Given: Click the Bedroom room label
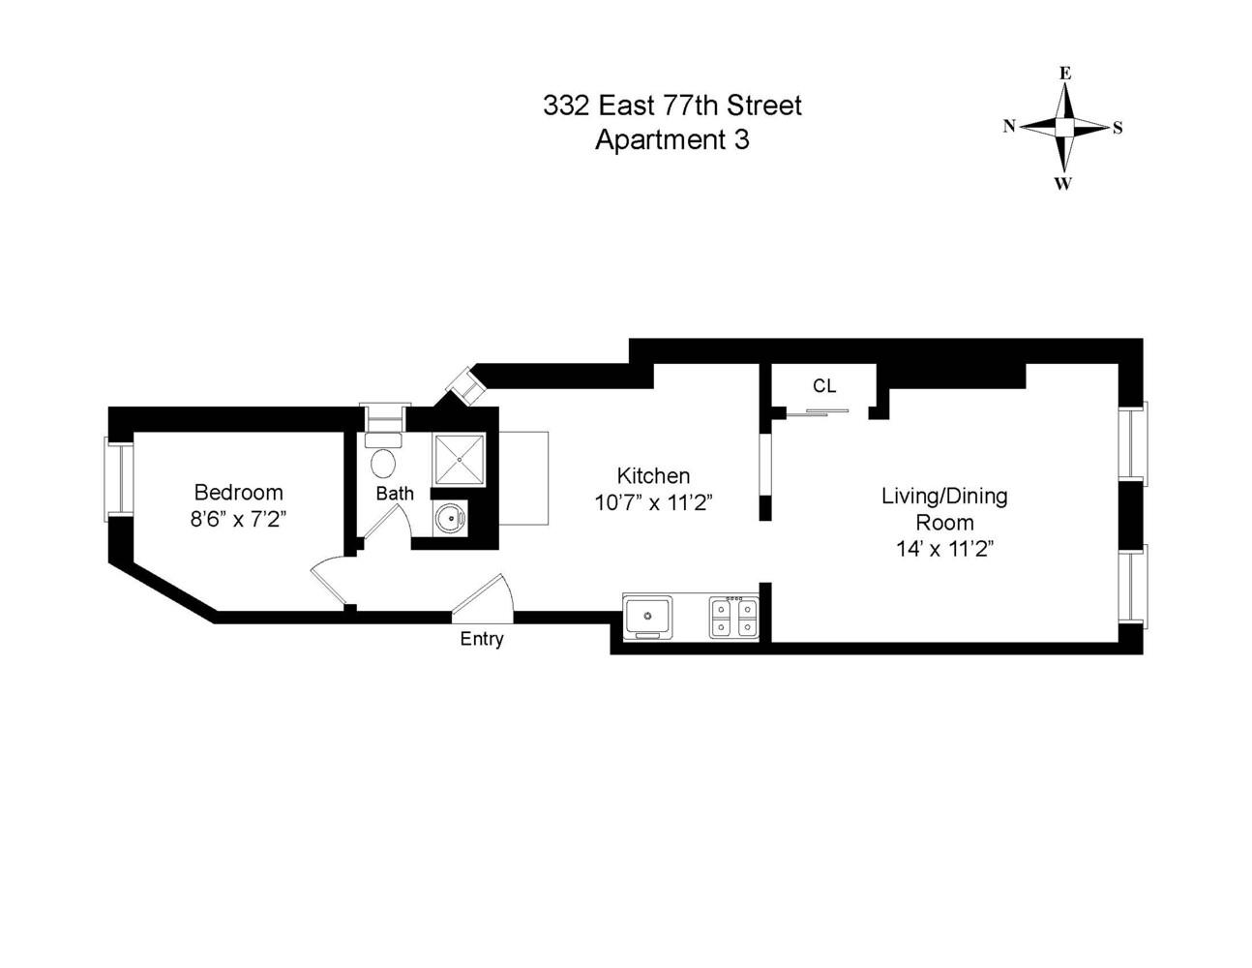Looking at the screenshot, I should pos(238,492).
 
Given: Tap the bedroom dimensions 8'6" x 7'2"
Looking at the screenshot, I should pos(238,518).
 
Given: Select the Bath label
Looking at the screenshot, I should pos(395,493).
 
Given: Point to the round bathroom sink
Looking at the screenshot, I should pos(449,520).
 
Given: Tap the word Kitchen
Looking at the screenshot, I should pos(653,476).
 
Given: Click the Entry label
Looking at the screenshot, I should pos(482,639).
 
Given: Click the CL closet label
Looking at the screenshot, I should pos(823,386).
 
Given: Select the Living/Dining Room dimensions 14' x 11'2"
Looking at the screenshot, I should pos(944,549).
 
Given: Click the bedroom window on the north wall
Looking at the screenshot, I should pos(118,478).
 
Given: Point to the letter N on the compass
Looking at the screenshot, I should pos(1008,126).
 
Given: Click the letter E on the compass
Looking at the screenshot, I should pos(1064,74).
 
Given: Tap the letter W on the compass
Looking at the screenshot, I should pos(1063,184).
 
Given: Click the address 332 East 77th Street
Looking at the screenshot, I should pos(671,105).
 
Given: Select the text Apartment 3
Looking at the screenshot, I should pos(671,139).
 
